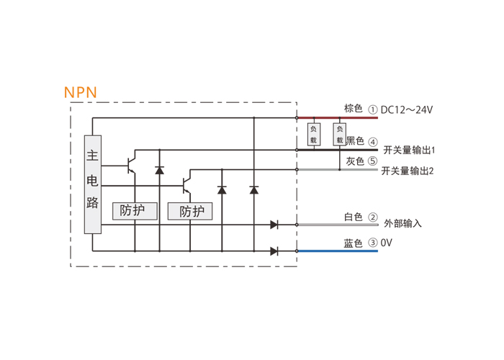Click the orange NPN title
[x=81, y=92]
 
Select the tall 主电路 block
[x=93, y=184]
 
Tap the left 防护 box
[x=135, y=211]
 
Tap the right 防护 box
[x=190, y=211]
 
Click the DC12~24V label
[x=407, y=110]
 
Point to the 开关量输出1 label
[x=409, y=150]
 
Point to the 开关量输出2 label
[x=408, y=171]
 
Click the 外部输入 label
[x=402, y=223]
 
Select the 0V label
[x=387, y=243]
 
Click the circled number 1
[x=372, y=110]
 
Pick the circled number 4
[x=373, y=142]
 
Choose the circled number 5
[x=372, y=161]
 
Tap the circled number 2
[x=373, y=217]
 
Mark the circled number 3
[x=372, y=243]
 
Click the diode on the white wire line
[x=274, y=225]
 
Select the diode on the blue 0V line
[x=274, y=251]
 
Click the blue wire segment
[x=338, y=251]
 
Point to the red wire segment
[x=338, y=118]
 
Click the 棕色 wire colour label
[x=354, y=108]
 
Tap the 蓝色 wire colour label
[x=353, y=243]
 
